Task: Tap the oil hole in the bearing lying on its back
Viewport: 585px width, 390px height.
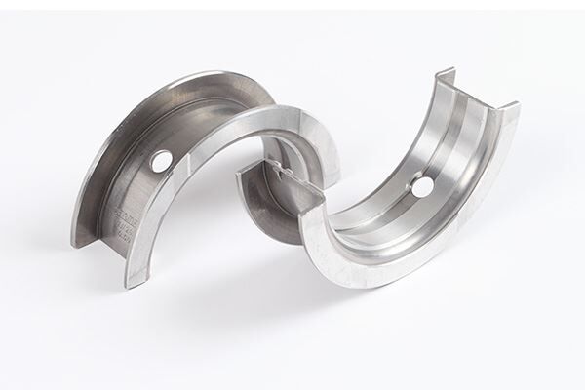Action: pyautogui.click(x=421, y=184)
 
